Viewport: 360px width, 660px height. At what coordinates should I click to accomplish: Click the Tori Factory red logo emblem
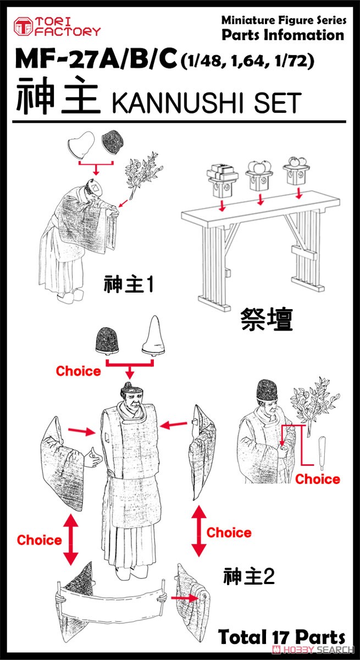(x=23, y=27)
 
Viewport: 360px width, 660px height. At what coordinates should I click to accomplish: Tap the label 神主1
(x=129, y=284)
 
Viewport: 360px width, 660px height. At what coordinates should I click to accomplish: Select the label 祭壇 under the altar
(x=267, y=320)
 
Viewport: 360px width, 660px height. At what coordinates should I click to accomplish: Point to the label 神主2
(x=249, y=576)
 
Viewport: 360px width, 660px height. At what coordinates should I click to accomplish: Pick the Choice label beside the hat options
(x=78, y=371)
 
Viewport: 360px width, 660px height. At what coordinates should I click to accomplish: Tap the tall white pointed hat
(x=153, y=335)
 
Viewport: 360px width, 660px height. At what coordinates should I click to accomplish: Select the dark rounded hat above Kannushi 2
(x=107, y=340)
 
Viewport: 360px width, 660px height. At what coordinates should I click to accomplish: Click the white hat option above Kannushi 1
(x=81, y=145)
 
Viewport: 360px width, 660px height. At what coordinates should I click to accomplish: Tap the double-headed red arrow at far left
(x=71, y=539)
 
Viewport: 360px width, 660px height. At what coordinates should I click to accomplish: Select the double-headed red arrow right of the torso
(x=199, y=531)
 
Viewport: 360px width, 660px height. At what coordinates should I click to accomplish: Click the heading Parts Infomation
(x=283, y=35)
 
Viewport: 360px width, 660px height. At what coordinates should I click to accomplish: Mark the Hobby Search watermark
(x=313, y=649)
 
